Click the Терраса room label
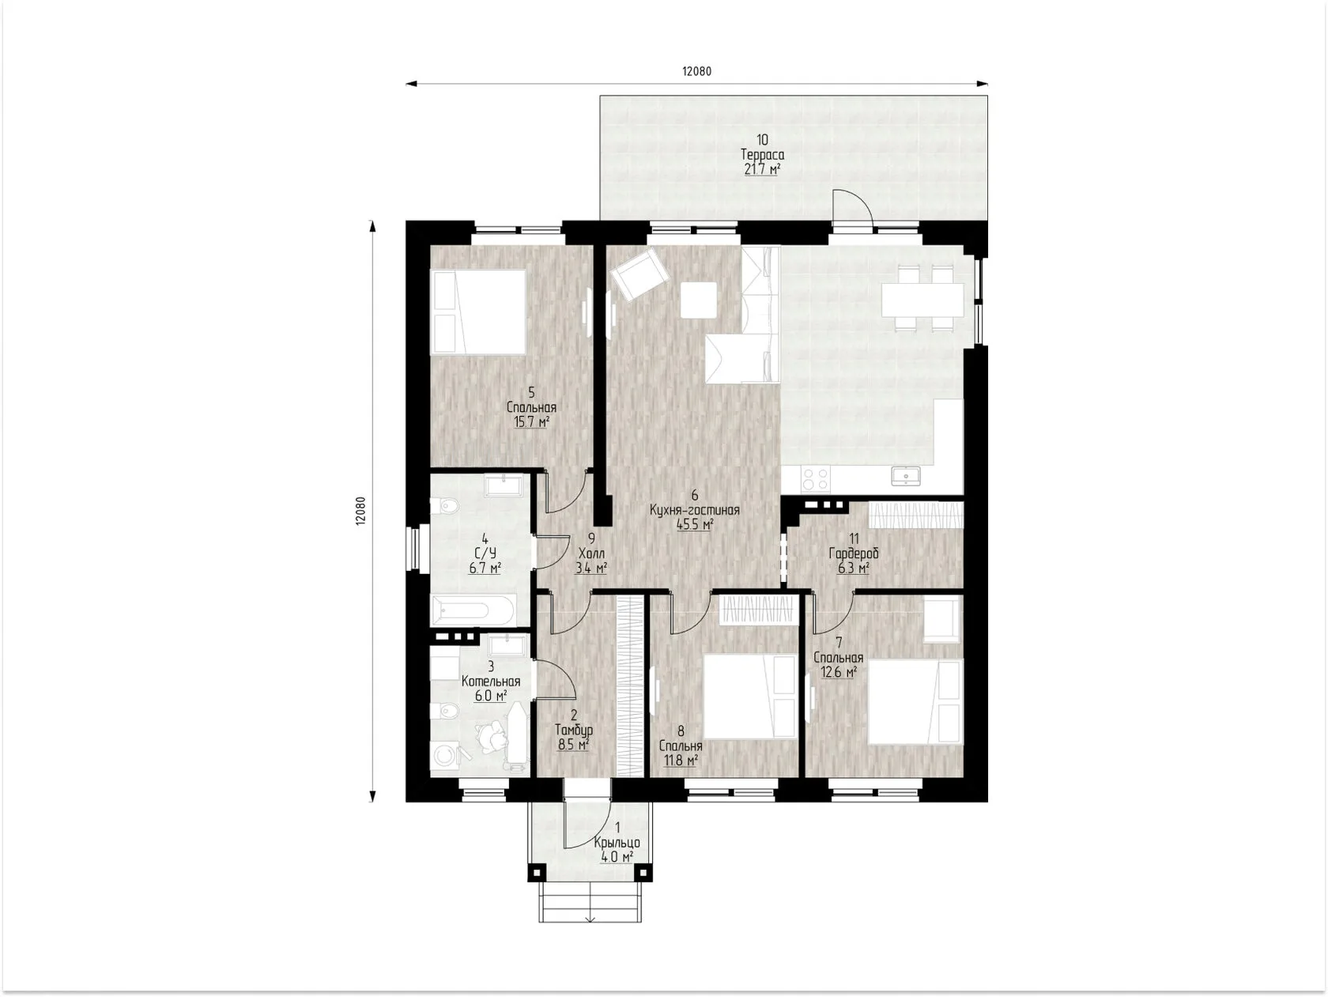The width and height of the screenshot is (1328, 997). (x=762, y=155)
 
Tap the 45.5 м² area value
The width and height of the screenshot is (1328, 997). (x=695, y=524)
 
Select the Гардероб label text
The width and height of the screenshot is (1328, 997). (x=854, y=553)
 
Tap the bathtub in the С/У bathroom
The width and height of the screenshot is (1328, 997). (x=473, y=610)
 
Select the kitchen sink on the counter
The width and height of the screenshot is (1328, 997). (x=906, y=476)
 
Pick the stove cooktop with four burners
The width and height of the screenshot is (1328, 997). (x=815, y=478)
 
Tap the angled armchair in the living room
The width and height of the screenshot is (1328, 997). (x=639, y=274)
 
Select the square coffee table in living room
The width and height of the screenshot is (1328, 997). (x=698, y=300)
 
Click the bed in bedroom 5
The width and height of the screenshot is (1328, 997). (x=478, y=312)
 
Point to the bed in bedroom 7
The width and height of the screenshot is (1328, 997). (x=915, y=702)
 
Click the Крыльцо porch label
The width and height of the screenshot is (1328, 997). (x=617, y=843)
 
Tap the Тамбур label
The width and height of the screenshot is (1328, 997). (x=574, y=731)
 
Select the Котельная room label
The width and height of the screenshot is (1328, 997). (x=491, y=682)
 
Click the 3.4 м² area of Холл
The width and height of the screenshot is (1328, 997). (x=591, y=568)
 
